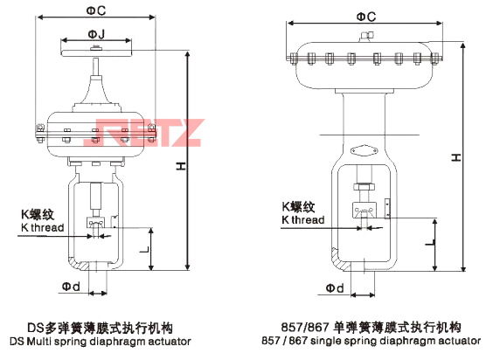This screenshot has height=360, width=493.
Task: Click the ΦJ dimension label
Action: pyautogui.click(x=96, y=34)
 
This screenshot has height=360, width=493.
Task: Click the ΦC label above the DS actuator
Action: pyautogui.click(x=96, y=10)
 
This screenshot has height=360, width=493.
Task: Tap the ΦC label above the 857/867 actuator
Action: pyautogui.click(x=366, y=17)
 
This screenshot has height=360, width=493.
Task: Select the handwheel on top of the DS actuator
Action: pyautogui.click(x=96, y=52)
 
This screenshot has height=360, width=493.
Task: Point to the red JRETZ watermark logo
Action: pyautogui.click(x=144, y=133)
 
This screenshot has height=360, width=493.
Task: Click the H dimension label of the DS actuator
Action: pyautogui.click(x=180, y=166)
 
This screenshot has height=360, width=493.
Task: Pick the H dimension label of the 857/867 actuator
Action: pyautogui.click(x=456, y=157)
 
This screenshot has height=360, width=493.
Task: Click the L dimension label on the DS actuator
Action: pyautogui.click(x=144, y=250)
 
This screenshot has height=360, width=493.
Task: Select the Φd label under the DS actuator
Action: pyautogui.click(x=71, y=287)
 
